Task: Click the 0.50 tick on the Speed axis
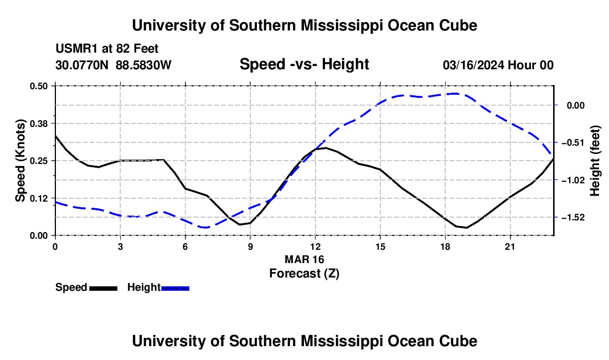(x=38, y=86)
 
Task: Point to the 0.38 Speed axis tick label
(x=38, y=124)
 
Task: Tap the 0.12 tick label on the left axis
(x=38, y=198)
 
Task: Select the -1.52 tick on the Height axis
(x=573, y=218)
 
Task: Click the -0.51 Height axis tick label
(x=573, y=142)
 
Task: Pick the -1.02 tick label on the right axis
(x=573, y=180)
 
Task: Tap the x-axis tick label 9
(x=250, y=246)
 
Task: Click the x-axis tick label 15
(x=380, y=246)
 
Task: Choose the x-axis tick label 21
(x=510, y=246)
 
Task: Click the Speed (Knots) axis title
(x=20, y=161)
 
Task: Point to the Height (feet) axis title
(x=595, y=161)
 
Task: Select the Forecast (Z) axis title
(x=304, y=274)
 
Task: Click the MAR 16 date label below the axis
(x=304, y=259)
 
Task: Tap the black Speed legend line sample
(x=104, y=288)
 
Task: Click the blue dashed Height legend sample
(x=175, y=288)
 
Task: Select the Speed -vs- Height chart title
(x=304, y=64)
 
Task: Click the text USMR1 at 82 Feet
(x=107, y=49)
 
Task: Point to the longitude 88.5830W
(x=143, y=65)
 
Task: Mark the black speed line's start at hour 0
(x=55, y=135)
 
